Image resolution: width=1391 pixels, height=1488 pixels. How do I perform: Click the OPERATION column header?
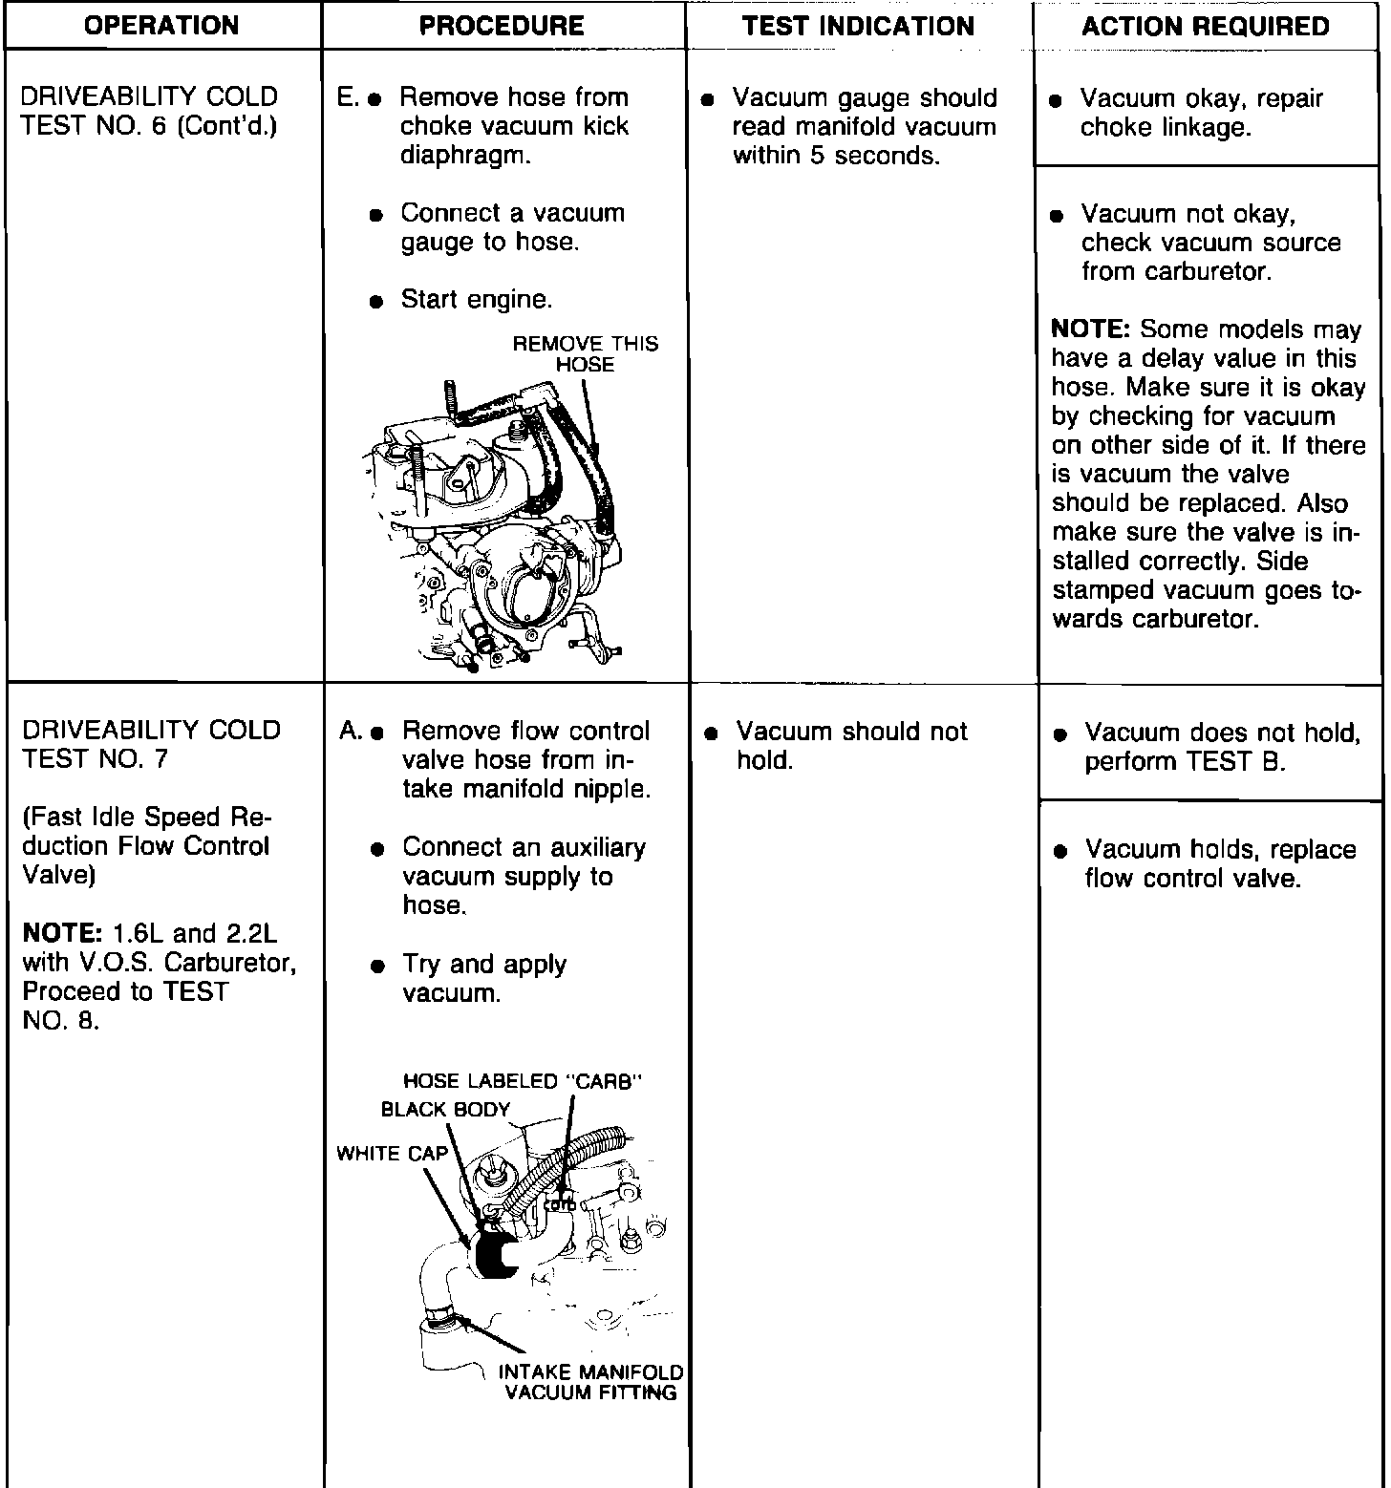click(x=161, y=26)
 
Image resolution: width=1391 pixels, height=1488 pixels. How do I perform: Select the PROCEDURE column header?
click(x=502, y=26)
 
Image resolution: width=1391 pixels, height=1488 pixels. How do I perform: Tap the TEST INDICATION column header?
click(x=858, y=26)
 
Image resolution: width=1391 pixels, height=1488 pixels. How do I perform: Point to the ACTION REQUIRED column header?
click(x=1206, y=26)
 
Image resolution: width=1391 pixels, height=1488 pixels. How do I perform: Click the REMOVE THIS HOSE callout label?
click(x=585, y=354)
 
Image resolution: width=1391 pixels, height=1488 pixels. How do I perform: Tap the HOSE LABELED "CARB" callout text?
click(x=522, y=1081)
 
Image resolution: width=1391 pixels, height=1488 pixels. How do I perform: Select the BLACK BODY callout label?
click(x=445, y=1109)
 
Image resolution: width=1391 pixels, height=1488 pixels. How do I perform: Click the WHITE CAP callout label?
click(x=392, y=1154)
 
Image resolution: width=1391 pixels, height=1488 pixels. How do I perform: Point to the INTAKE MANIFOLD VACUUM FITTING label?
click(x=590, y=1382)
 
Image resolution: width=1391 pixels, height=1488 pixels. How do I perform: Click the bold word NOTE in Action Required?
click(x=1090, y=329)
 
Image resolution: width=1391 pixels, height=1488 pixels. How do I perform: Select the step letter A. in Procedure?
click(x=350, y=732)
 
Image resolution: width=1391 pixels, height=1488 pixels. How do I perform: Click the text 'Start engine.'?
click(x=476, y=300)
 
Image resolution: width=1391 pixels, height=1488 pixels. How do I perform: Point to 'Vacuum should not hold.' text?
click(x=850, y=746)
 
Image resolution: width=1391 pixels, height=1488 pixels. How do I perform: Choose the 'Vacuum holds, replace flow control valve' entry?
click(x=1219, y=863)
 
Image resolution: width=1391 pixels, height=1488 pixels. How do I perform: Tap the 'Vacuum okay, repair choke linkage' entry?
click(x=1200, y=113)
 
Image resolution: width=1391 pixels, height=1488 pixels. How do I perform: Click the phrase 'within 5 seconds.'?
click(x=836, y=156)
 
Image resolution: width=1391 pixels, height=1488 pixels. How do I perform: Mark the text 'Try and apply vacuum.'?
click(x=483, y=978)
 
